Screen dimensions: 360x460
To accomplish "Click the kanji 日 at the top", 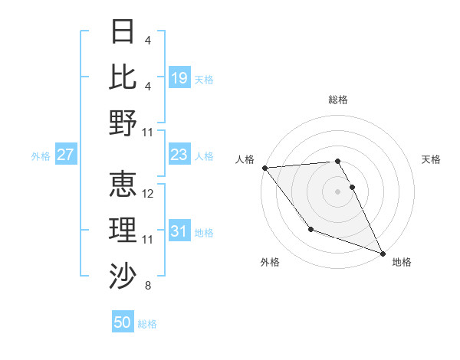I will (123, 32).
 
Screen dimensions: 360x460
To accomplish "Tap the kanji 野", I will (123, 123).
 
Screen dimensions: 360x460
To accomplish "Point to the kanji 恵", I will (123, 184).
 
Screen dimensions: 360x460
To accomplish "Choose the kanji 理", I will (123, 229).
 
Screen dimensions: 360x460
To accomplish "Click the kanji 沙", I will (123, 275).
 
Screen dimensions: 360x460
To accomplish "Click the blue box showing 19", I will (179, 77).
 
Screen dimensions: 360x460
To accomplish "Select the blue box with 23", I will (179, 155).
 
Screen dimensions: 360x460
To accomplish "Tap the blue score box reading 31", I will (179, 231).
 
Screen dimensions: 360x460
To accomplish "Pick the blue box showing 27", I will (66, 155).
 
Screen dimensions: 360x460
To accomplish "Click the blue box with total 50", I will (123, 322).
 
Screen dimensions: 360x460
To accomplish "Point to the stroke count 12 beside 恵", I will (149, 194).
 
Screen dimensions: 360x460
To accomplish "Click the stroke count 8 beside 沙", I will (147, 286).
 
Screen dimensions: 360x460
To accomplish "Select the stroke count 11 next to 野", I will (149, 133).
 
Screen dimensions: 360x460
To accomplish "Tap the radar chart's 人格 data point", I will (264, 168).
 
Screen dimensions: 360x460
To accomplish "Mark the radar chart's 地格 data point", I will (383, 253).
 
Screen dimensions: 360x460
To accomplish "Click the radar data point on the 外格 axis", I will (310, 229).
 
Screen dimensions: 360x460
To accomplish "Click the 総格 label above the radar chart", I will (338, 100).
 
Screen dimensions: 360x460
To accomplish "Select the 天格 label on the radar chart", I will (432, 159).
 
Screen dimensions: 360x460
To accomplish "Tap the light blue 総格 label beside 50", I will (148, 324).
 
